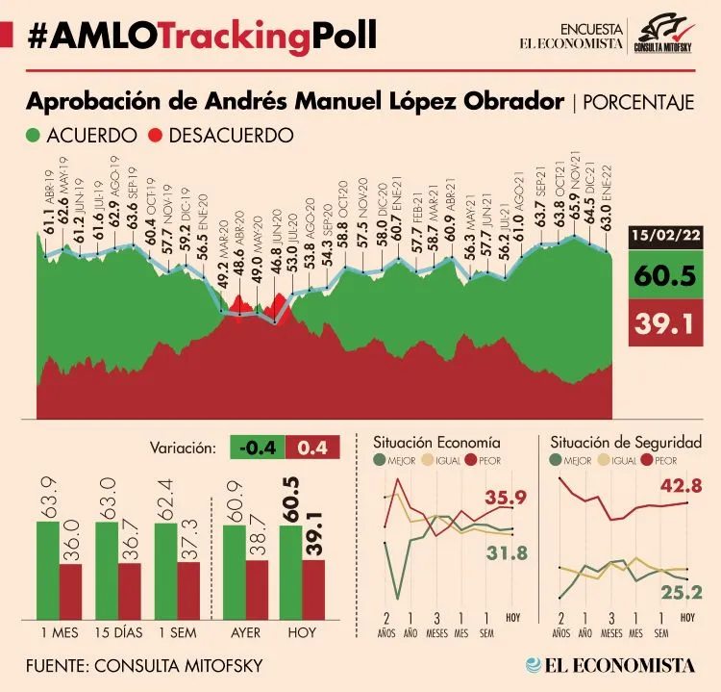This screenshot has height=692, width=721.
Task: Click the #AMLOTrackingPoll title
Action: [x=202, y=36]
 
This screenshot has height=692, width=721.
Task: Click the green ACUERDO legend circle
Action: [x=33, y=136]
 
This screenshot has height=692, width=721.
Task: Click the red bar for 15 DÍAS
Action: [x=129, y=593]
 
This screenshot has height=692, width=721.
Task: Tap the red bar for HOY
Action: [x=314, y=591]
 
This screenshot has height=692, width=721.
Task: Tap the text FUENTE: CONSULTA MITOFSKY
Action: [x=144, y=666]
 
